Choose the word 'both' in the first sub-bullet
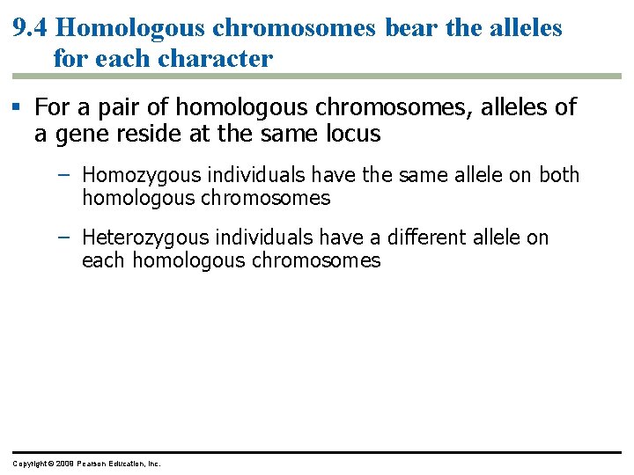click(559, 175)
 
